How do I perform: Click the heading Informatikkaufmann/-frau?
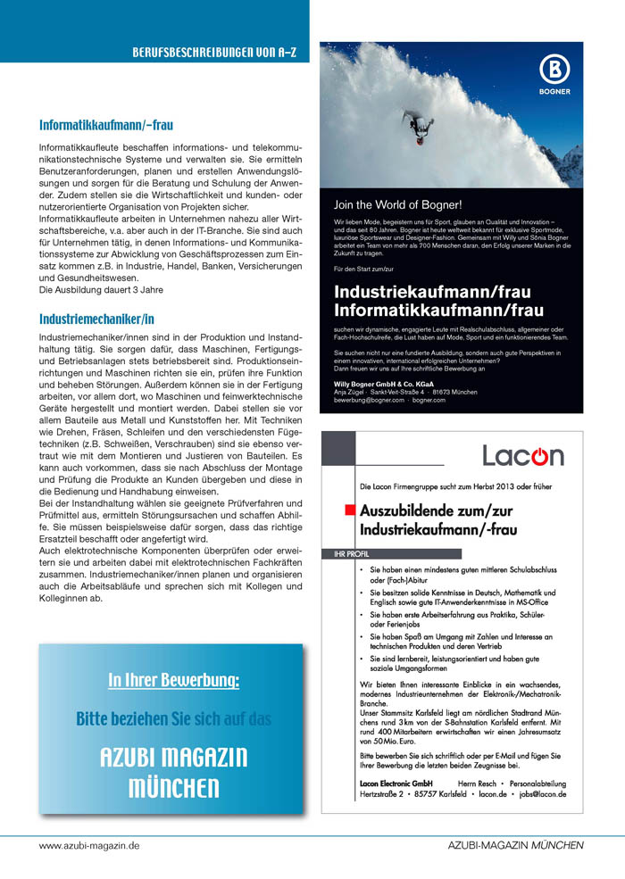pos(106,126)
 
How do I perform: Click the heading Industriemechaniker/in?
pos(97,319)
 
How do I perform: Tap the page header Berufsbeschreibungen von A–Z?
pos(214,53)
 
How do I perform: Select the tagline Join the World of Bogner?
pos(397,204)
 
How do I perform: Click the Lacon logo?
pos(523,456)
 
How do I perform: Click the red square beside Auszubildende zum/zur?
pos(348,511)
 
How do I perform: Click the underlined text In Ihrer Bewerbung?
pos(173,681)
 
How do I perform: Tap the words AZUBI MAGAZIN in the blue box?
pos(173,758)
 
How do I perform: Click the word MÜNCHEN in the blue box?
pos(173,788)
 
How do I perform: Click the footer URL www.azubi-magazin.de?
pos(89,845)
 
